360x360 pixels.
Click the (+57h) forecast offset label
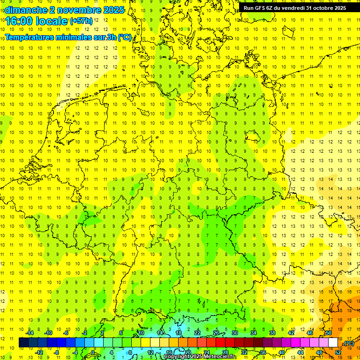[81, 21]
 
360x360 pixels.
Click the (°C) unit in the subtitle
[124, 37]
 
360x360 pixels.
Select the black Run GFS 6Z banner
[294, 8]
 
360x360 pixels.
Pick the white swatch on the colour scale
[333, 343]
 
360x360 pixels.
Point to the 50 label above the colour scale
[329, 333]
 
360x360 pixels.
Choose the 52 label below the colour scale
[338, 352]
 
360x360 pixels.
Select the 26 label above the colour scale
[216, 333]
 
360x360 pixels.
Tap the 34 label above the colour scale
[254, 333]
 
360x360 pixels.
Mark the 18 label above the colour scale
[179, 333]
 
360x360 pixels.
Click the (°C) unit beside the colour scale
[349, 343]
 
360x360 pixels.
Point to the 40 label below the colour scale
[282, 352]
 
